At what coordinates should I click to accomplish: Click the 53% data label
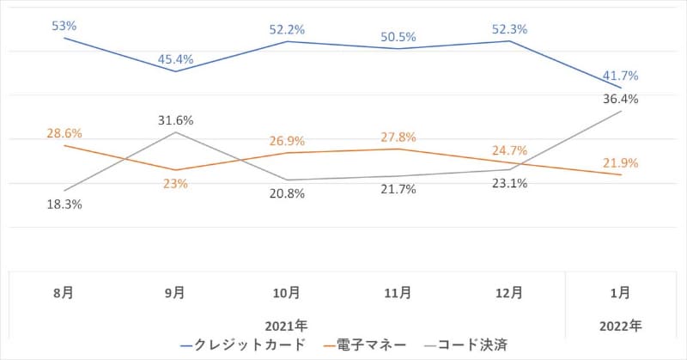64,27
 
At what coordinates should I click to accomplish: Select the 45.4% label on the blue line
175,59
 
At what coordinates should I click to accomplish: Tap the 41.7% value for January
621,76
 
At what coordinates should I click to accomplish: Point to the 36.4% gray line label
621,99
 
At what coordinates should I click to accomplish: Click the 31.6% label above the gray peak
175,120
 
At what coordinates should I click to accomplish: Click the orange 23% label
175,183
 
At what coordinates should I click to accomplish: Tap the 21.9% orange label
621,163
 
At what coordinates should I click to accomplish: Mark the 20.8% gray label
287,194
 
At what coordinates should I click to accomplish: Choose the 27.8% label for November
397,137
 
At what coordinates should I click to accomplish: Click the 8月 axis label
64,293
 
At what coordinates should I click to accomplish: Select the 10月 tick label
287,293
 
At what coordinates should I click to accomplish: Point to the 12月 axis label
509,293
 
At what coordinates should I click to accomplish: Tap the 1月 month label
621,293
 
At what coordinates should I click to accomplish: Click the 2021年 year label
287,326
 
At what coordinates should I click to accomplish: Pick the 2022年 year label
621,326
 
